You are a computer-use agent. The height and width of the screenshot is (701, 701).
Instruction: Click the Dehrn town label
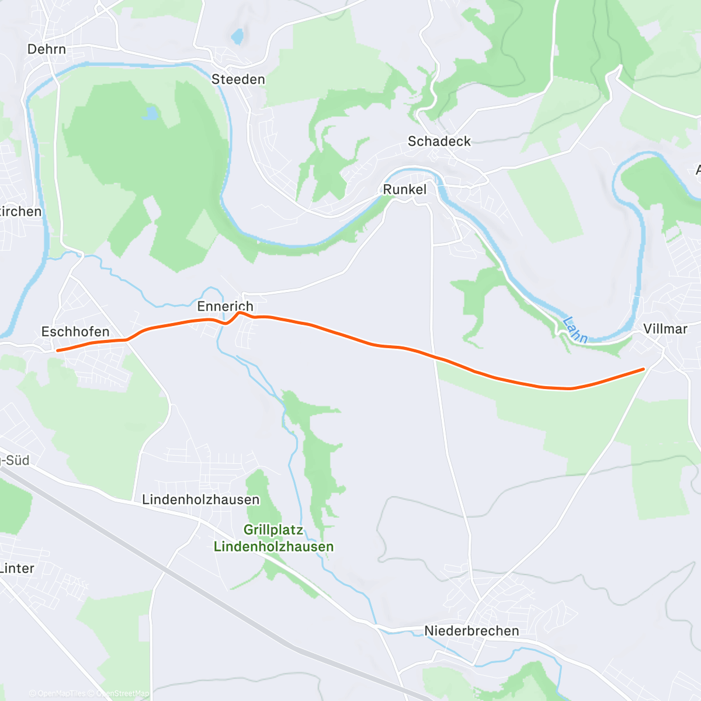(x=47, y=49)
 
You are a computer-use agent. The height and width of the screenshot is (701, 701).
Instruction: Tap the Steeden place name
(x=238, y=79)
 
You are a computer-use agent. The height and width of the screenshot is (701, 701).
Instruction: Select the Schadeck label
(x=439, y=141)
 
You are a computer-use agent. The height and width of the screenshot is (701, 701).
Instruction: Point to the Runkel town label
(x=404, y=189)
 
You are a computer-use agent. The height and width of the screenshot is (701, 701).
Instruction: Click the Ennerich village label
(x=225, y=306)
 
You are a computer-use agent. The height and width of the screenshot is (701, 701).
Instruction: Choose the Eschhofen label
(x=75, y=332)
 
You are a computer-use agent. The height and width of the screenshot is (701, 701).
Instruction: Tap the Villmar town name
(x=665, y=329)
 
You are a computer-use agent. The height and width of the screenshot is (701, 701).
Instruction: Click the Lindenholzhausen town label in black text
(x=200, y=500)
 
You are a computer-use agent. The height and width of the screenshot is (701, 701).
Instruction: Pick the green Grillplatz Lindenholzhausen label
(x=273, y=539)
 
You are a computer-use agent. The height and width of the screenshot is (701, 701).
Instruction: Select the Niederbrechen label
(x=471, y=631)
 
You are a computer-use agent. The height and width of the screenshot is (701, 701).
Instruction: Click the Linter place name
(x=17, y=568)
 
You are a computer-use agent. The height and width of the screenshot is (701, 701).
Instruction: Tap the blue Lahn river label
(x=575, y=329)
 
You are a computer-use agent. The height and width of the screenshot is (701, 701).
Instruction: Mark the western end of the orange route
(x=57, y=350)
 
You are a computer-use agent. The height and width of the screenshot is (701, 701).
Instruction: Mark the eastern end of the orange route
(x=643, y=369)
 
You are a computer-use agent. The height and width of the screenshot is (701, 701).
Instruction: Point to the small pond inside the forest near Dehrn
(x=151, y=112)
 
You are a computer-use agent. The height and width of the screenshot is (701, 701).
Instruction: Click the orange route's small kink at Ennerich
(x=239, y=313)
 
